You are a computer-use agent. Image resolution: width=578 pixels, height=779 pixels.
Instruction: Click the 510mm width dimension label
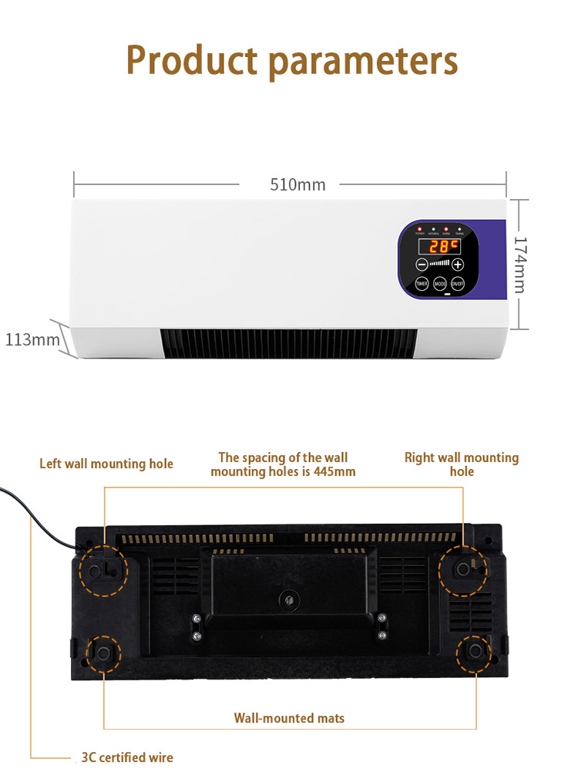click(297, 185)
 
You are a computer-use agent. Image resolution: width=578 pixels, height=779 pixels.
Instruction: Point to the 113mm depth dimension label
click(32, 339)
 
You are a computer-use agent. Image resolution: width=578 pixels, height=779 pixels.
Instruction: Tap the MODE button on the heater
click(440, 284)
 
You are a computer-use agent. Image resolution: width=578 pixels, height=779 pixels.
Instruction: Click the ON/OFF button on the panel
click(458, 284)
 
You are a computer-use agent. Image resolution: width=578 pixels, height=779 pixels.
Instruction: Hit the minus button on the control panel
click(422, 265)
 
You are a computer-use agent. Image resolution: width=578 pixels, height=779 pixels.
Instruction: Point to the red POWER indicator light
click(420, 229)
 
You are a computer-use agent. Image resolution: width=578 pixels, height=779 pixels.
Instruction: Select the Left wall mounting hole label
click(106, 464)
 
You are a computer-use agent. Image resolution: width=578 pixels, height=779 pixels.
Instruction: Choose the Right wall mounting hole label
click(462, 464)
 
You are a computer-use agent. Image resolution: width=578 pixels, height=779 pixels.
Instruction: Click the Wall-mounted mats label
click(289, 718)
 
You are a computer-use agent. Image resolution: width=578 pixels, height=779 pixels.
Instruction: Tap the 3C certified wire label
click(127, 757)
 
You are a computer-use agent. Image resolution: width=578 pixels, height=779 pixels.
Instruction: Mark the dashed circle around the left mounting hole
click(101, 570)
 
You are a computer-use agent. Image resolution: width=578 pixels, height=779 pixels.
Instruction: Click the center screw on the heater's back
click(289, 598)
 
